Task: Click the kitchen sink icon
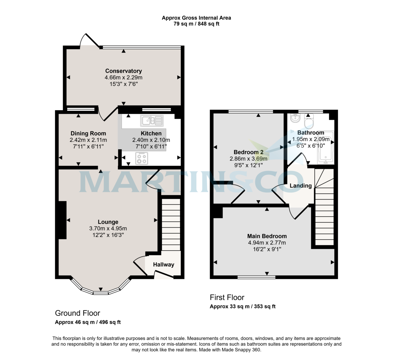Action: tap(152, 121)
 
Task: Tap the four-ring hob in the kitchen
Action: tap(141, 158)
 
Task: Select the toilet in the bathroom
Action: tap(309, 122)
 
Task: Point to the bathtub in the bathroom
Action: tap(325, 148)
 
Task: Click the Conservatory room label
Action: tap(123, 71)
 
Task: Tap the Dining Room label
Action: tap(88, 133)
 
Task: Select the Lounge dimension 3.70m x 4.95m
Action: tap(108, 228)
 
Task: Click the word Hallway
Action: tap(163, 264)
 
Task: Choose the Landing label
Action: tap(300, 186)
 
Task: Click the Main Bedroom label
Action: tap(267, 236)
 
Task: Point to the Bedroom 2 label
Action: tap(248, 152)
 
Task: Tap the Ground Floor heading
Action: tap(77, 313)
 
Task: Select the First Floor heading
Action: tap(227, 297)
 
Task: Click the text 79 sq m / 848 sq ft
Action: tap(196, 24)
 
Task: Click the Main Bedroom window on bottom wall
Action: tap(256, 277)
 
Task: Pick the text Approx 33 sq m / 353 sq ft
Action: tap(242, 307)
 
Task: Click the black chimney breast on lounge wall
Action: tap(62, 220)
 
